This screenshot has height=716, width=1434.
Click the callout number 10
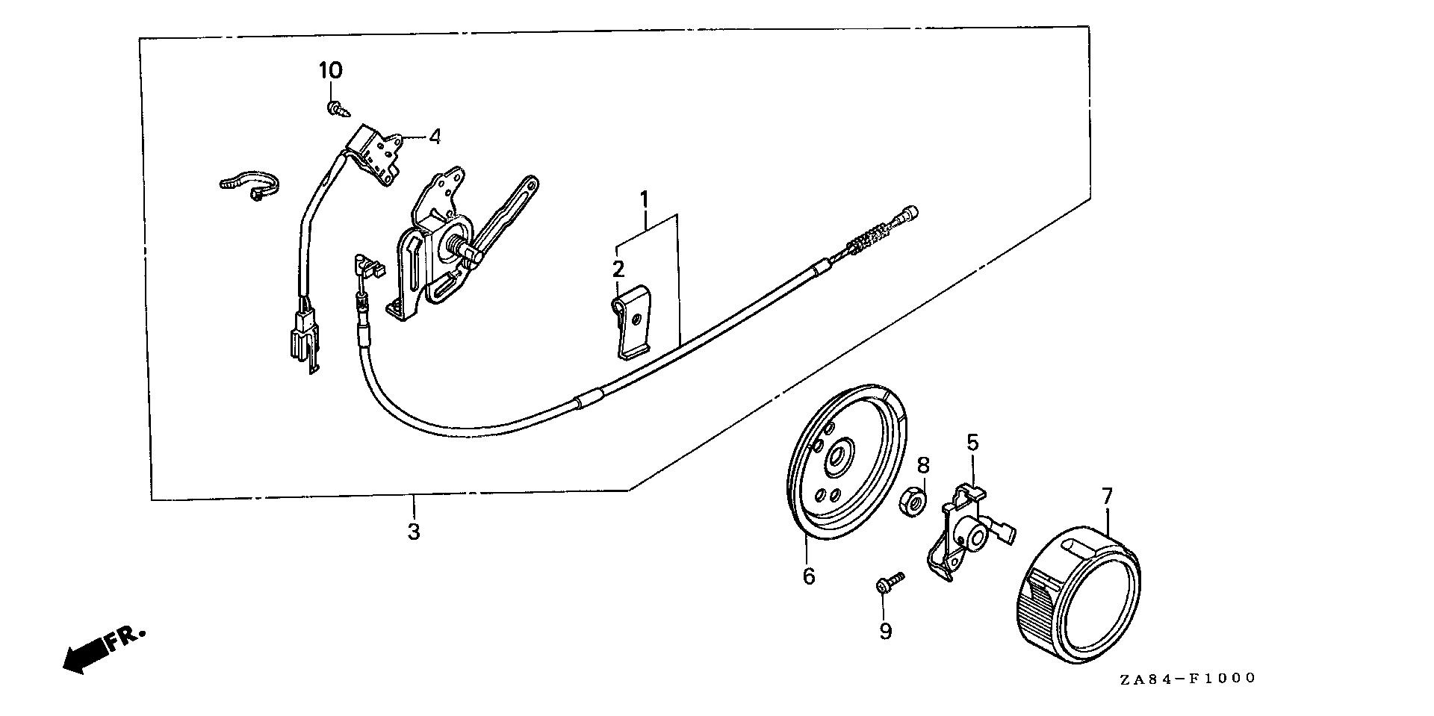tap(331, 71)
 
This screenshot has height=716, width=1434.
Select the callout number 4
tap(434, 137)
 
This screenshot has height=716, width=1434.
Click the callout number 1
tap(644, 179)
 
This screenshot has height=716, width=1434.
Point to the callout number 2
tap(618, 269)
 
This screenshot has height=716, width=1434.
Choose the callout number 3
tap(413, 532)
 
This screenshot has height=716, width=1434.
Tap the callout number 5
tap(972, 443)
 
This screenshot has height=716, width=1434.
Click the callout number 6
tap(809, 576)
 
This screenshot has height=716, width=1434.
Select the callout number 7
tap(1107, 496)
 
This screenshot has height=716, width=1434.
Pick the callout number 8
tap(923, 466)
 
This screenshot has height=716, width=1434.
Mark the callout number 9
tap(885, 632)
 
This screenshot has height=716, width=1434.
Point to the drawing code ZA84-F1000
tap(1188, 679)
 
